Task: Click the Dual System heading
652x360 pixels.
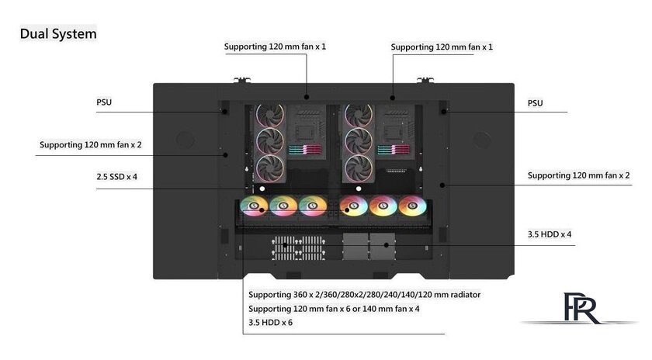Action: coord(58,33)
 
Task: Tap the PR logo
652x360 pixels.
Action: coord(581,309)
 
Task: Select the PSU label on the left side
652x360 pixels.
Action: coord(104,102)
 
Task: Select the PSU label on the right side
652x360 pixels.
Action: coord(535,103)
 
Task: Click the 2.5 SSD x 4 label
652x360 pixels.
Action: coord(117,177)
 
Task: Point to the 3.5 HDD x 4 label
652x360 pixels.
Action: coord(550,234)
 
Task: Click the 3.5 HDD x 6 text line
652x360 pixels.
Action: coord(270,323)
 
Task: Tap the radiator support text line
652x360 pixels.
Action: coord(364,295)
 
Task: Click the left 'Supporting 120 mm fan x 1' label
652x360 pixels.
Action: coord(275,47)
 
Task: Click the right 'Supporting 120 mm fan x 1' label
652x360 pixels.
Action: coord(442,47)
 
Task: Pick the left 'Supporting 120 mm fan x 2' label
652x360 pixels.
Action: coord(91,144)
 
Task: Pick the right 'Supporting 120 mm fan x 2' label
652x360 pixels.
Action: coord(578,175)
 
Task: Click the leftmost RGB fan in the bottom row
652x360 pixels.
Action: coord(254,206)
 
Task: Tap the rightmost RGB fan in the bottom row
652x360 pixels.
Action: coord(412,206)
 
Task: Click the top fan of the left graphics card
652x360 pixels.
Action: coord(270,114)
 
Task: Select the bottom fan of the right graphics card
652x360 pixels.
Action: coord(359,168)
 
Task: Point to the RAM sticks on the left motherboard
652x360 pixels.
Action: coord(305,150)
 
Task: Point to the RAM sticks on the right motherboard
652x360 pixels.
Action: coord(394,150)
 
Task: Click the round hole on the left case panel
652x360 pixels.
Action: coord(185,140)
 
